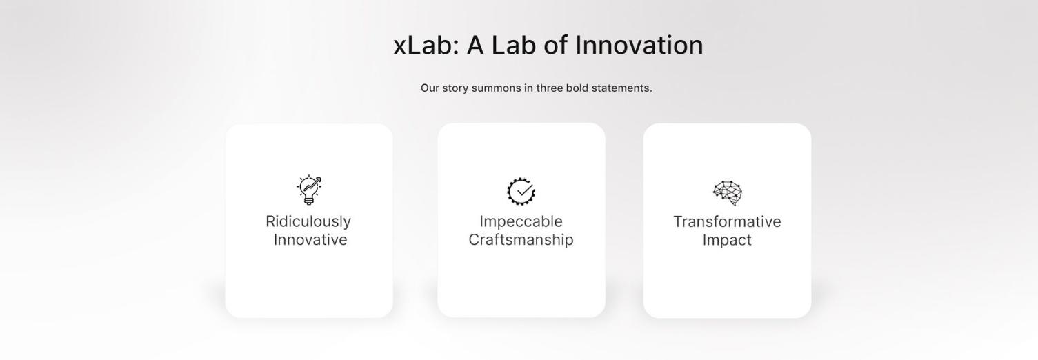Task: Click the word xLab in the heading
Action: point(426,46)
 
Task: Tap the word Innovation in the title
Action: point(639,46)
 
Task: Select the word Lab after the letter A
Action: point(513,46)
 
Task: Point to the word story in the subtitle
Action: point(455,88)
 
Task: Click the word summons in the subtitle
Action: point(497,88)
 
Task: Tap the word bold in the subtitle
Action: point(577,88)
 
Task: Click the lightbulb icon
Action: point(309,190)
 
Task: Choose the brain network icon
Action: point(728,192)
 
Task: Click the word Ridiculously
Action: point(308,222)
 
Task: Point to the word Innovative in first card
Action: point(310,240)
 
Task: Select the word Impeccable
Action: point(521,221)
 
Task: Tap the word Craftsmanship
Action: point(521,240)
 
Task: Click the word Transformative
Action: point(727,222)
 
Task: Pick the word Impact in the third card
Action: point(727,241)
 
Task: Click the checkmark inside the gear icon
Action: point(525,190)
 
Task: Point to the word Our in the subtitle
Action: point(430,88)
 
